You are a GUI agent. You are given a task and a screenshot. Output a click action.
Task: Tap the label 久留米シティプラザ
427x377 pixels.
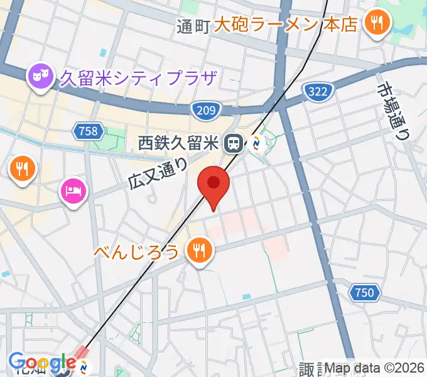[138, 79]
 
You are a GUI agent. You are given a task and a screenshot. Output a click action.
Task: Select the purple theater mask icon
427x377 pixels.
[38, 77]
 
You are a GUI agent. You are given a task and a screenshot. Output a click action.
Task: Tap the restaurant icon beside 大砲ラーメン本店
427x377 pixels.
[377, 24]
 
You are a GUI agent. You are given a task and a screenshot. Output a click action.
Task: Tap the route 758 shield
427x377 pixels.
[89, 131]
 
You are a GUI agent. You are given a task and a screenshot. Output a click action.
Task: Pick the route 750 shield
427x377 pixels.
[363, 292]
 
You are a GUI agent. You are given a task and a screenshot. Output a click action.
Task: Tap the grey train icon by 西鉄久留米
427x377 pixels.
[234, 144]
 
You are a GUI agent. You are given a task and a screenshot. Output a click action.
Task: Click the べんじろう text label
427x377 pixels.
[138, 252]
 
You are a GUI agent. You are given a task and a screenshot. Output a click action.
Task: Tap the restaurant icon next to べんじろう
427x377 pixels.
[199, 251]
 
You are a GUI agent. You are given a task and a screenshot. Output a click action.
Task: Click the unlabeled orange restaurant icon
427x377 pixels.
[22, 168]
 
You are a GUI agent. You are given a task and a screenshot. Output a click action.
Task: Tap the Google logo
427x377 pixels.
[41, 363]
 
